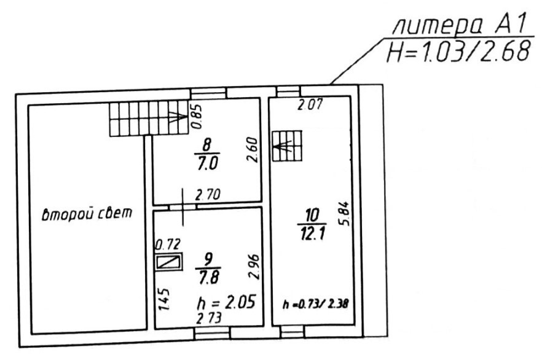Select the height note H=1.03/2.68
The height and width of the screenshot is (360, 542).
(x=458, y=52)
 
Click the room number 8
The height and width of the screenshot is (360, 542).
(x=207, y=145)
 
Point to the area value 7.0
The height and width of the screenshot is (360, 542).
(x=208, y=163)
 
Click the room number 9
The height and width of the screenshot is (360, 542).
(x=208, y=259)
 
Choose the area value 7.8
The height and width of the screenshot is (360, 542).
(x=208, y=276)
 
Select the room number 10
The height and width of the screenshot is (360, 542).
(x=312, y=215)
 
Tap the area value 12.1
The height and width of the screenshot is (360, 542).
(x=312, y=233)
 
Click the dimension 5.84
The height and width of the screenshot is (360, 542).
(x=345, y=214)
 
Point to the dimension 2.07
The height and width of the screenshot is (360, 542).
(x=310, y=104)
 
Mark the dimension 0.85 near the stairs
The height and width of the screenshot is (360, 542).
(x=197, y=117)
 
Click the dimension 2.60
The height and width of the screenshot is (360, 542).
(x=253, y=150)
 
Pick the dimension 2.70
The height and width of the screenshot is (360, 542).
(x=208, y=195)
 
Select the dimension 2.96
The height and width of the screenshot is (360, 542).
(x=253, y=267)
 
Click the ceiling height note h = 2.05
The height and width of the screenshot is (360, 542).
(x=226, y=302)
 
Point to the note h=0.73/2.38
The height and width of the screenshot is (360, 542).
(x=316, y=304)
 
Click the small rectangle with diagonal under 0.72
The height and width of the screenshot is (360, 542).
(x=168, y=262)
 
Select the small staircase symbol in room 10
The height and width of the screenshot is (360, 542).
(x=287, y=146)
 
